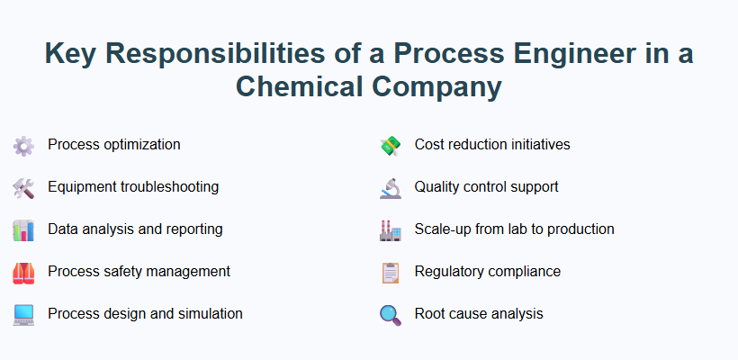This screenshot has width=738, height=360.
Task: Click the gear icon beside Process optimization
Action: [23, 145]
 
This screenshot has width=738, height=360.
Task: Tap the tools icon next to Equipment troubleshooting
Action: [23, 187]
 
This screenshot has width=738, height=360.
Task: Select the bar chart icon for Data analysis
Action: [23, 229]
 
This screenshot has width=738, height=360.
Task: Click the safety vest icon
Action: [23, 272]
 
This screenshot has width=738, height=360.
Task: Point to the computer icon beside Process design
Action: [23, 314]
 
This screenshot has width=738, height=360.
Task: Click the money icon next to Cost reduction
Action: [390, 145]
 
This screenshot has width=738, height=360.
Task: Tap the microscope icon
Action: [390, 187]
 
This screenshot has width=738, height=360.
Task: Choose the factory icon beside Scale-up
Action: [390, 229]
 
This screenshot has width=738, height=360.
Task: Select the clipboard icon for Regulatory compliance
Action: [390, 272]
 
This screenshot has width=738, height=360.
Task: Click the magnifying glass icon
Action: [390, 314]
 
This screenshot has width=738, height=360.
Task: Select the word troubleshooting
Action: [166, 187]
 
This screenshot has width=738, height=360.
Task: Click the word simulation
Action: [208, 314]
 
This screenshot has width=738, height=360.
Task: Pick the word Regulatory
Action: [449, 272]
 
